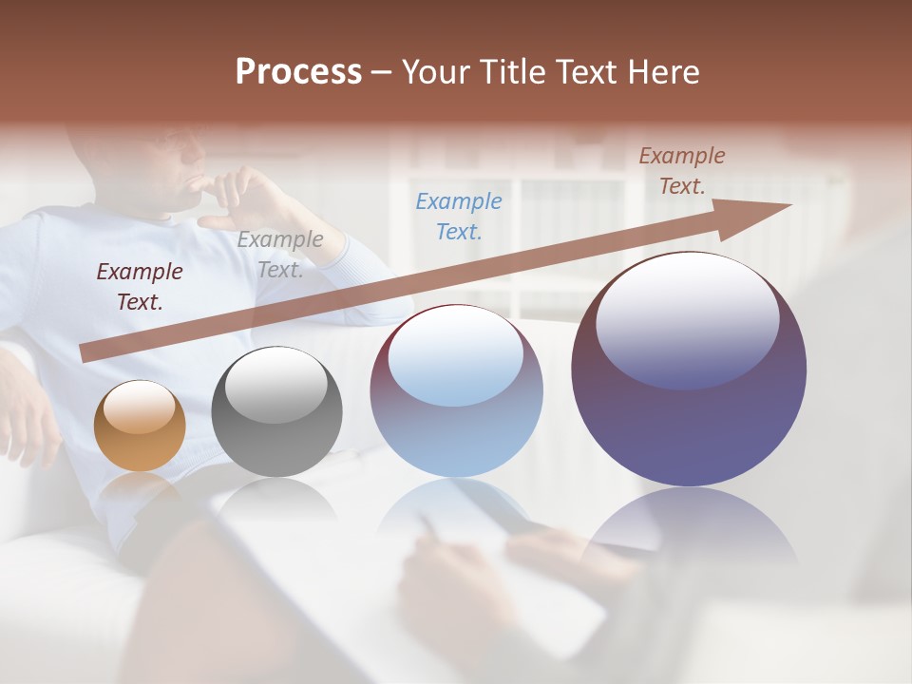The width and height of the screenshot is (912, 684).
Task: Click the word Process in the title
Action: (298, 72)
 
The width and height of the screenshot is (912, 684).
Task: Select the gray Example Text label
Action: (279, 255)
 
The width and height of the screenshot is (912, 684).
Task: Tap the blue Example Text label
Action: (459, 216)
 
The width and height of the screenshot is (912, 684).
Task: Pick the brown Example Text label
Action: (681, 171)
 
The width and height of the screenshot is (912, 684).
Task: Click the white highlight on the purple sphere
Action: (687, 319)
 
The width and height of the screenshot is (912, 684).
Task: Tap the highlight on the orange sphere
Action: (139, 408)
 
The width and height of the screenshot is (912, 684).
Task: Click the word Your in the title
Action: (439, 72)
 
